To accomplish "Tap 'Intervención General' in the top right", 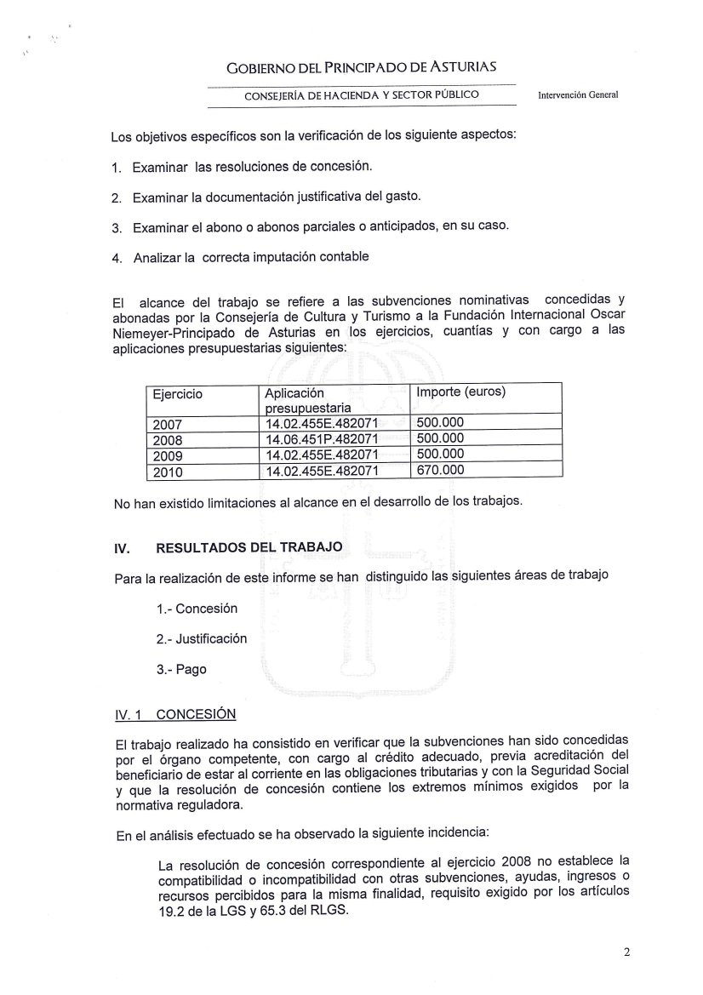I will (x=578, y=95).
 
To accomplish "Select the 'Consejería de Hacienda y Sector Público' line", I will (x=361, y=94).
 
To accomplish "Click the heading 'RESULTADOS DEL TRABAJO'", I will (x=249, y=547).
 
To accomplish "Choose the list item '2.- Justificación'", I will (x=202, y=638).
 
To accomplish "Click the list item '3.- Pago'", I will (x=181, y=669).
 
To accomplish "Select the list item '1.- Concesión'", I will (x=197, y=609).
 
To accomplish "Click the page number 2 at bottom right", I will (x=626, y=952).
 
